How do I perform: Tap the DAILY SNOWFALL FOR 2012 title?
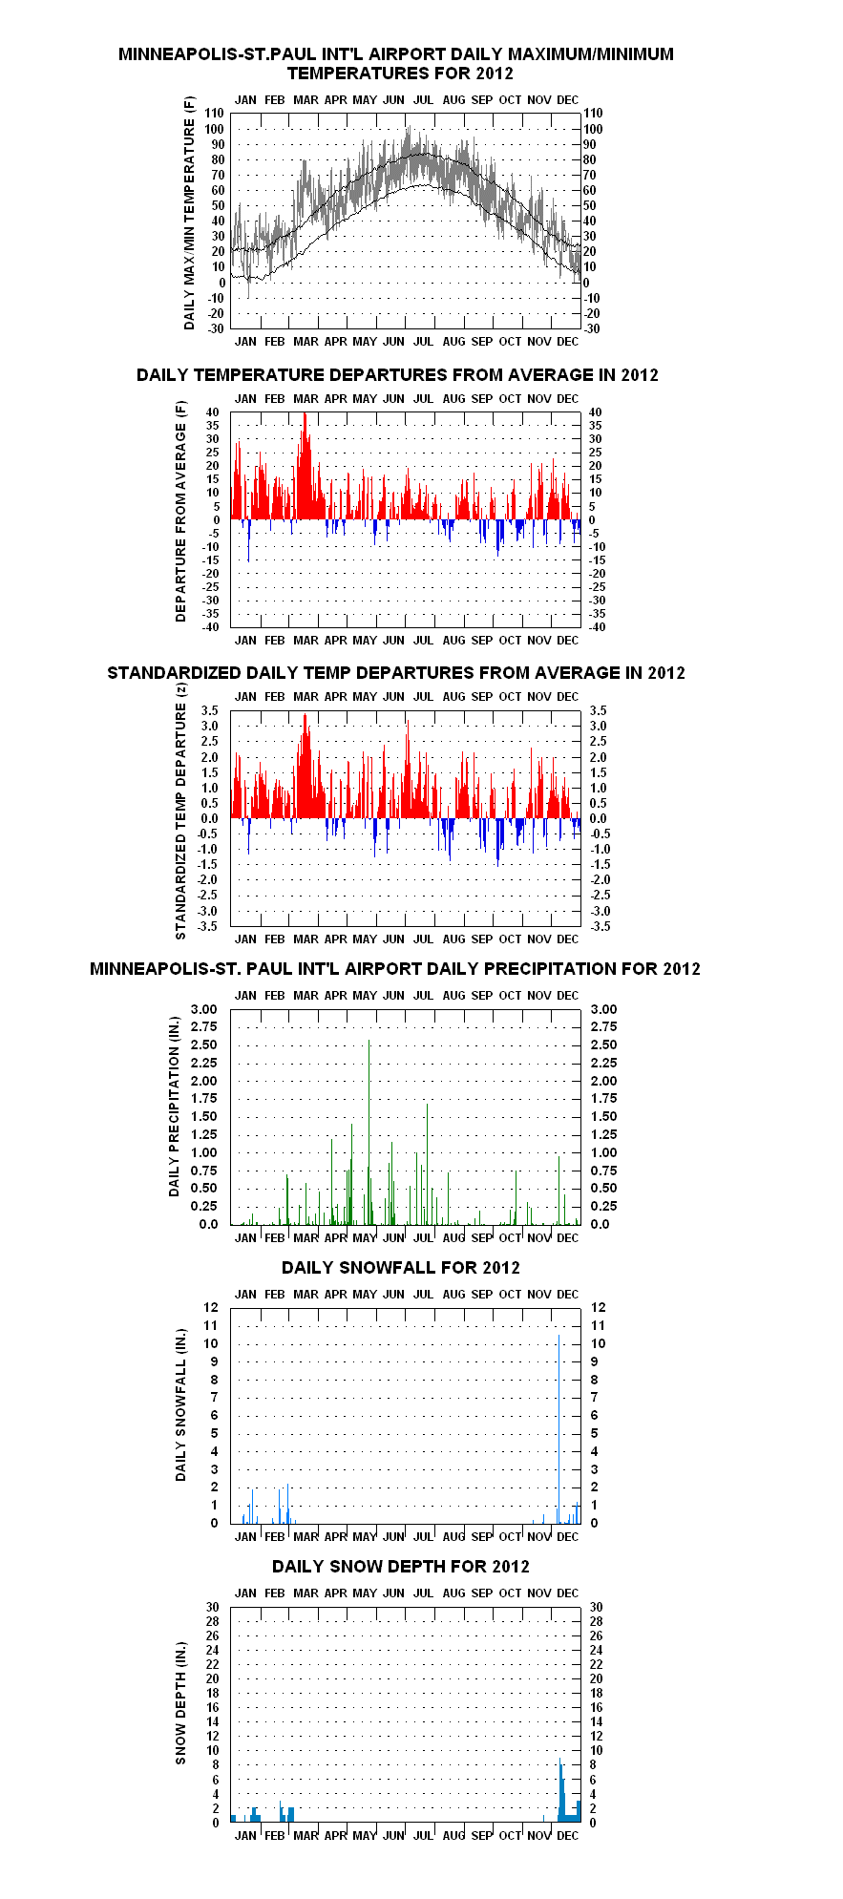click(x=401, y=1268)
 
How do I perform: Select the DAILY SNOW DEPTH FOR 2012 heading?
click(x=401, y=1567)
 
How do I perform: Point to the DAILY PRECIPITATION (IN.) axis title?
click(x=174, y=1107)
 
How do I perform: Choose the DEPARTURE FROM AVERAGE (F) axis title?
click(x=180, y=512)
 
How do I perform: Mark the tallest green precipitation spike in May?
click(x=369, y=1131)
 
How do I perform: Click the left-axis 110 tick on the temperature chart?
click(x=214, y=114)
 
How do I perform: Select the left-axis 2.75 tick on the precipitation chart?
click(x=204, y=1027)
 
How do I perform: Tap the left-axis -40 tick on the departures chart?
click(x=211, y=627)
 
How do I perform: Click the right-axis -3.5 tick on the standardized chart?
click(x=599, y=926)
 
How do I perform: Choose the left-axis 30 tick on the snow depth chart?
click(x=212, y=1608)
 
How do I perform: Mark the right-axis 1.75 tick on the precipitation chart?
click(x=603, y=1099)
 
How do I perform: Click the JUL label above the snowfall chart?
click(x=423, y=1295)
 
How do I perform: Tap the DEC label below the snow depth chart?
click(x=567, y=1836)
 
